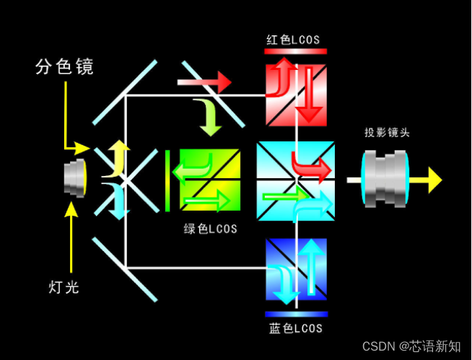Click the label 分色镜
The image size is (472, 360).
tap(64, 67)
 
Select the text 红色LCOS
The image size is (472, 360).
tap(292, 39)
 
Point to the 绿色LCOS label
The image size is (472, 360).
tap(211, 229)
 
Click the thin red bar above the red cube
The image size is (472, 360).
tap(296, 51)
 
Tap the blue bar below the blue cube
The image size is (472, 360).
tap(296, 315)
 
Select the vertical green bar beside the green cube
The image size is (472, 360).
tap(167, 180)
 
